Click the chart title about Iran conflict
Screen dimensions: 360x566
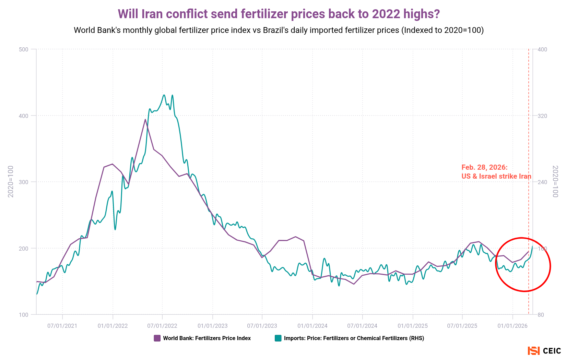pyautogui.click(x=279, y=14)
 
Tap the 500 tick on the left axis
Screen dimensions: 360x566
pyautogui.click(x=24, y=49)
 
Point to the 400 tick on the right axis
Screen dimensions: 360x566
pyautogui.click(x=542, y=49)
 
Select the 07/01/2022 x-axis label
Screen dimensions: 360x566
pyautogui.click(x=162, y=326)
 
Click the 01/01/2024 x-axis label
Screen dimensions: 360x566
pyautogui.click(x=312, y=326)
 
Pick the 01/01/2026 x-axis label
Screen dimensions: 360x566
pyautogui.click(x=512, y=326)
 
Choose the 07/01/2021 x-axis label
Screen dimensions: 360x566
pyautogui.click(x=62, y=326)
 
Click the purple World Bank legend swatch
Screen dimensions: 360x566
pyautogui.click(x=157, y=338)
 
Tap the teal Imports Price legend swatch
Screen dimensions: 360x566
pyautogui.click(x=278, y=338)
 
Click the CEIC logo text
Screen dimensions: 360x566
pyautogui.click(x=552, y=351)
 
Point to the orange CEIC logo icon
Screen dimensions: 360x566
pyautogui.click(x=533, y=351)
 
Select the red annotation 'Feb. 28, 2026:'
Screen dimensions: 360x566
pyautogui.click(x=484, y=167)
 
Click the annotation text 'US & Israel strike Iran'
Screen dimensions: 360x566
pyautogui.click(x=496, y=177)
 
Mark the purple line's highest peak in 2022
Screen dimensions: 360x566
pyautogui.click(x=145, y=119)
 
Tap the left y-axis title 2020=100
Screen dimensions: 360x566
pyautogui.click(x=11, y=181)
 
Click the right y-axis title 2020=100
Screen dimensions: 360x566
pyautogui.click(x=555, y=181)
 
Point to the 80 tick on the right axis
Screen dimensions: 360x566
pyautogui.click(x=541, y=315)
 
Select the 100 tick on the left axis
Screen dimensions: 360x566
pyautogui.click(x=24, y=315)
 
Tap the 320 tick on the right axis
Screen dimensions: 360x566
pyautogui.click(x=542, y=116)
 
